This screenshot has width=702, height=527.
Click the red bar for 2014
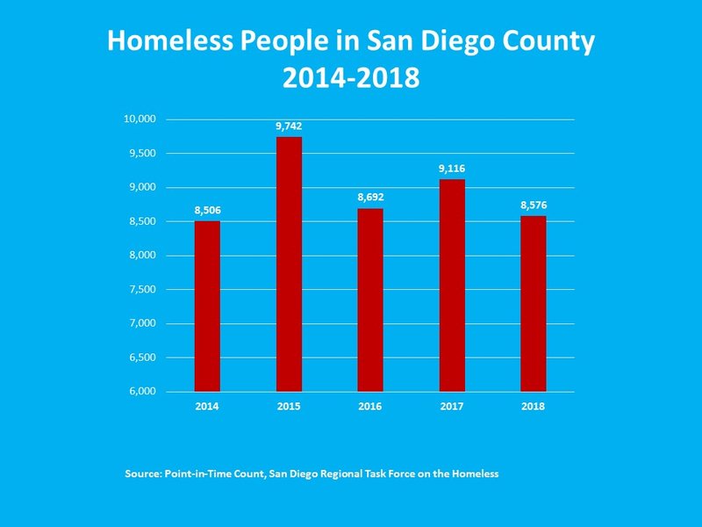coord(207,306)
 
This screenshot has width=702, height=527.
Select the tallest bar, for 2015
coord(289,263)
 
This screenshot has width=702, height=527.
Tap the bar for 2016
coord(370,300)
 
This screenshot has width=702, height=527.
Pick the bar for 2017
coord(452,285)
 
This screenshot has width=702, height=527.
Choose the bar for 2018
coord(533,303)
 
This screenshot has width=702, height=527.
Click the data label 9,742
coord(289,126)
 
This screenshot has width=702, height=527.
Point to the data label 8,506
coord(207,211)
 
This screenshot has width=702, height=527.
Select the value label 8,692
coord(370,199)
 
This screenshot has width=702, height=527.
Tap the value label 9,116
coord(452,170)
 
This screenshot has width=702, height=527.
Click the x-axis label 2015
coord(289,408)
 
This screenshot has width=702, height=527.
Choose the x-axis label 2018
coord(533,408)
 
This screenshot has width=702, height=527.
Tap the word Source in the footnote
coord(144,473)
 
